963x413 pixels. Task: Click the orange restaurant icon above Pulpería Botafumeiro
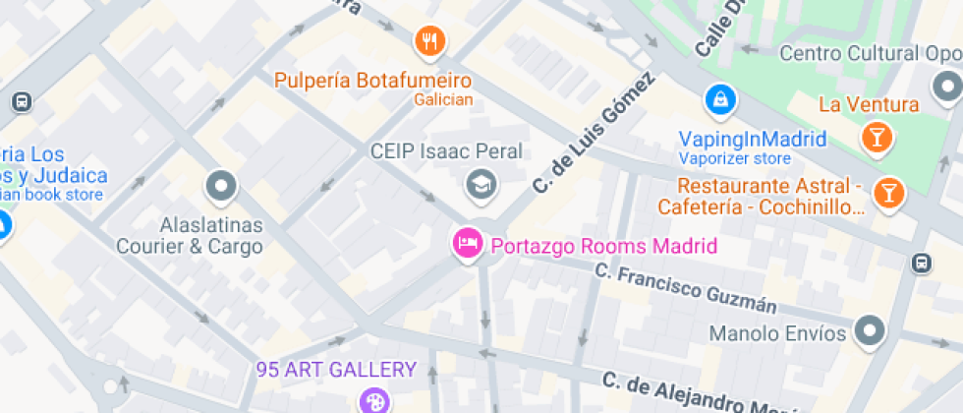click(429, 41)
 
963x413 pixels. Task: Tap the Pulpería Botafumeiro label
click(373, 80)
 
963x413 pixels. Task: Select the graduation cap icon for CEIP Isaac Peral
click(480, 183)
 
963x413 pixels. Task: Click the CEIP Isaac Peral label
click(446, 151)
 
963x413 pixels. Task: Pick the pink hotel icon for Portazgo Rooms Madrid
click(466, 243)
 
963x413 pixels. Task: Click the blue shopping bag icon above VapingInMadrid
click(719, 99)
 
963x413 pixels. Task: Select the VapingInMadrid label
click(753, 139)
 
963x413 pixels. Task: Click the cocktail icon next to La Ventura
click(875, 137)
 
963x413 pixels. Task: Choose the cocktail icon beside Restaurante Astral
click(888, 193)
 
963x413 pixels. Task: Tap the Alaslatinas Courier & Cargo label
click(191, 234)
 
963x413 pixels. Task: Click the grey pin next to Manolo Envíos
click(870, 331)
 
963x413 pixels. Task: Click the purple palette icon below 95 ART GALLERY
click(372, 400)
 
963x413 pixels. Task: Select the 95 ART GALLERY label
click(336, 370)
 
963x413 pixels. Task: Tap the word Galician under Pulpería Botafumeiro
click(443, 99)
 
